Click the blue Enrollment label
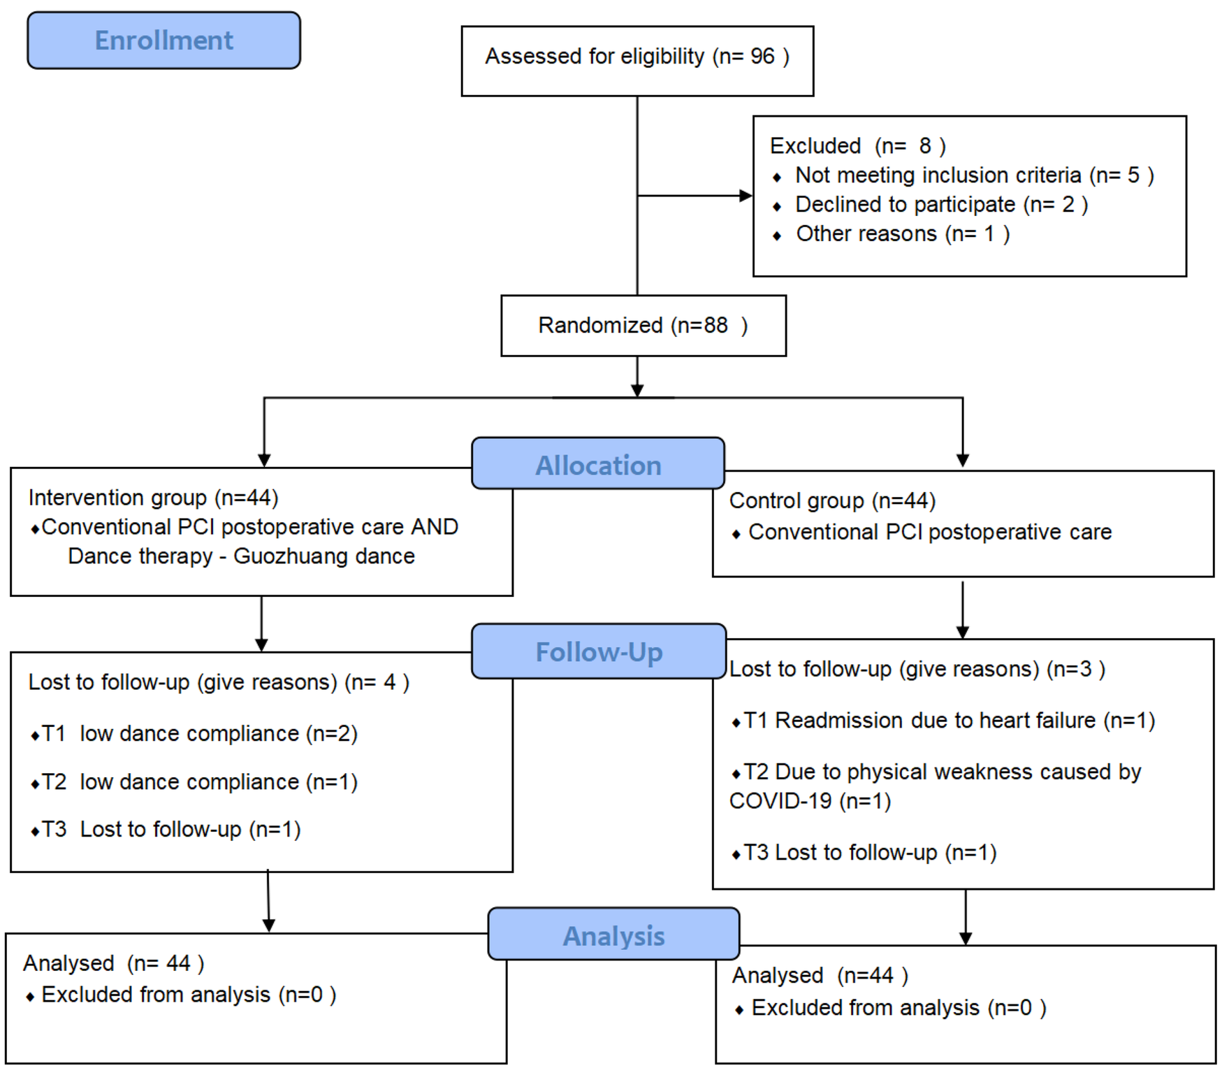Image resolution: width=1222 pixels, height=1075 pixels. pyautogui.click(x=163, y=41)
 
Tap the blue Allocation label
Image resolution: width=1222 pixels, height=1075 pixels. pyautogui.click(x=598, y=465)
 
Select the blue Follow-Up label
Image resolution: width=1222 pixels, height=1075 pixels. pyautogui.click(x=599, y=652)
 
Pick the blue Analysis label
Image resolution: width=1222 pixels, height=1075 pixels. pyautogui.click(x=613, y=936)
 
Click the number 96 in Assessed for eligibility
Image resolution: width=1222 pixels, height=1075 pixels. pyautogui.click(x=762, y=56)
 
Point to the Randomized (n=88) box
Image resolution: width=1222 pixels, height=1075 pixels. pyautogui.click(x=643, y=326)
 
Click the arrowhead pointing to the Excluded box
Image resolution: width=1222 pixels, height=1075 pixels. pyautogui.click(x=745, y=196)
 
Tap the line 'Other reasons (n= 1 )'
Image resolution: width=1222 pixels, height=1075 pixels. pyautogui.click(x=902, y=234)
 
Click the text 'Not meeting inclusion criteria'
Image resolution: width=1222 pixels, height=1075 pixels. pyautogui.click(x=938, y=175)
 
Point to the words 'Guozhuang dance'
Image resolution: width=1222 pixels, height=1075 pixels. pyautogui.click(x=323, y=556)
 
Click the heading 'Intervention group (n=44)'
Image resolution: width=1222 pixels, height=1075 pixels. pyautogui.click(x=153, y=498)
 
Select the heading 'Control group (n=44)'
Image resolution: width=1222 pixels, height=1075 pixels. pyautogui.click(x=831, y=500)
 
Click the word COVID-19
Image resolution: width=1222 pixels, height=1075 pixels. pyautogui.click(x=780, y=801)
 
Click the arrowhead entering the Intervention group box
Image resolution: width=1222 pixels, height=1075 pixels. pyautogui.click(x=264, y=460)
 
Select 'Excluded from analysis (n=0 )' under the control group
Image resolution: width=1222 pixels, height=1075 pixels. pyautogui.click(x=898, y=1008)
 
